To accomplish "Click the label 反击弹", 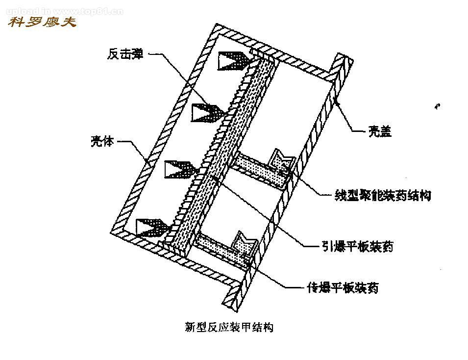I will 125,53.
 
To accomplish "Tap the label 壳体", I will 102,142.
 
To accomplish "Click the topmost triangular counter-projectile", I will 234,60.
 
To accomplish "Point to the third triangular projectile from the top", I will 181,169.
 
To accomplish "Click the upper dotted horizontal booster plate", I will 260,169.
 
